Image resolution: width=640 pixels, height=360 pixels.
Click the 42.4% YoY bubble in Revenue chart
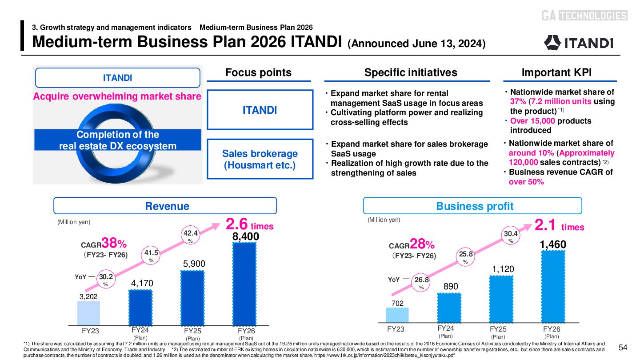[190, 236]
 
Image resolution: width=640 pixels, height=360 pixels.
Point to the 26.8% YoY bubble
[421, 283]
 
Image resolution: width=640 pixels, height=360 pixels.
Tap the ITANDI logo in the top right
[579, 42]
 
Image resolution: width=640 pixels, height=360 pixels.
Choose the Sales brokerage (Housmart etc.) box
[260, 159]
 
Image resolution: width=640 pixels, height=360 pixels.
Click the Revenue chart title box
[165, 206]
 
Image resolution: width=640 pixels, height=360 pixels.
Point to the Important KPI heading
[560, 72]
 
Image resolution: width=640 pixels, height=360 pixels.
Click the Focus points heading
[259, 72]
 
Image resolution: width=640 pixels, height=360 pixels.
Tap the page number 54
[622, 347]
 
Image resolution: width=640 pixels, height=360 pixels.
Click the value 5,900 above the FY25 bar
[194, 264]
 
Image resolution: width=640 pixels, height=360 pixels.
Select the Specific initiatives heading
[410, 72]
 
